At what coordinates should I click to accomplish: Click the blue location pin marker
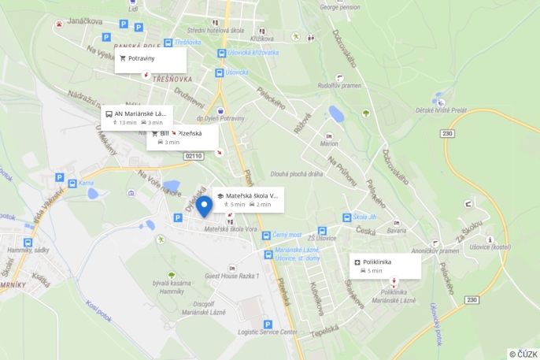[x=205, y=206]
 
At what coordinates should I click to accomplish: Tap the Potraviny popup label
[x=150, y=59]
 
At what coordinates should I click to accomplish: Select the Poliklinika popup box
[x=384, y=265]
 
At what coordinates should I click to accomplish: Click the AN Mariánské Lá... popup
[x=135, y=117]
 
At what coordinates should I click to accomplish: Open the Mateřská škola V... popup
[x=246, y=199]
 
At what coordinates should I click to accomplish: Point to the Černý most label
[x=287, y=235]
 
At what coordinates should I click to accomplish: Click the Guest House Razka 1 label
[x=231, y=276]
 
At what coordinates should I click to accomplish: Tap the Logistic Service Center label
[x=268, y=332]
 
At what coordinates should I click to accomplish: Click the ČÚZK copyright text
[x=523, y=354]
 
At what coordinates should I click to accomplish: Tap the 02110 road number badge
[x=194, y=156]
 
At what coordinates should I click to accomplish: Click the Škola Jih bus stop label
[x=365, y=217]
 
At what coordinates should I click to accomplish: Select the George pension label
[x=341, y=6]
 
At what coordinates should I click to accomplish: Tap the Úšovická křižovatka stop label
[x=253, y=52]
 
